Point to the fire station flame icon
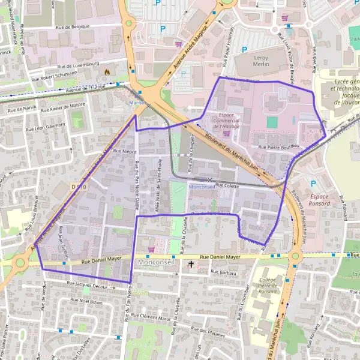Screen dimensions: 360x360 (x=107, y=71)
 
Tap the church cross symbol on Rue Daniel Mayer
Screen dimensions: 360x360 (x=191, y=263)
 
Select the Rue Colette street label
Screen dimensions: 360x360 (x=227, y=186)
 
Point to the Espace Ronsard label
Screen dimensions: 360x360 (x=316, y=200)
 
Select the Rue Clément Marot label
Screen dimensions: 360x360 (x=152, y=317)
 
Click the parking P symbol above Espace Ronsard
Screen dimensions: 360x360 (x=313, y=183)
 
